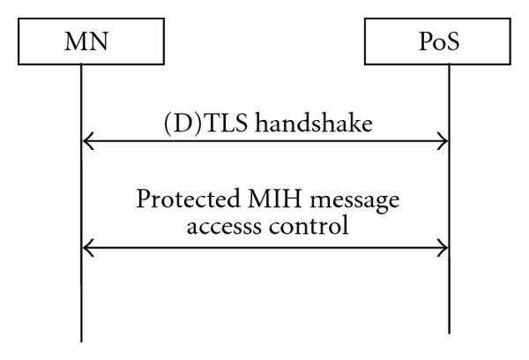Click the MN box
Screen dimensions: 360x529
80,43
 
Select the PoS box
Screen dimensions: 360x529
448,43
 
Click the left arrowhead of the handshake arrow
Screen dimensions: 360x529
86,141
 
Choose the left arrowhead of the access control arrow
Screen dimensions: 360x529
86,248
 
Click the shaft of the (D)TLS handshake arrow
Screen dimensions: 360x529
264,141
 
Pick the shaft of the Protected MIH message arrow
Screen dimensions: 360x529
264,248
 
